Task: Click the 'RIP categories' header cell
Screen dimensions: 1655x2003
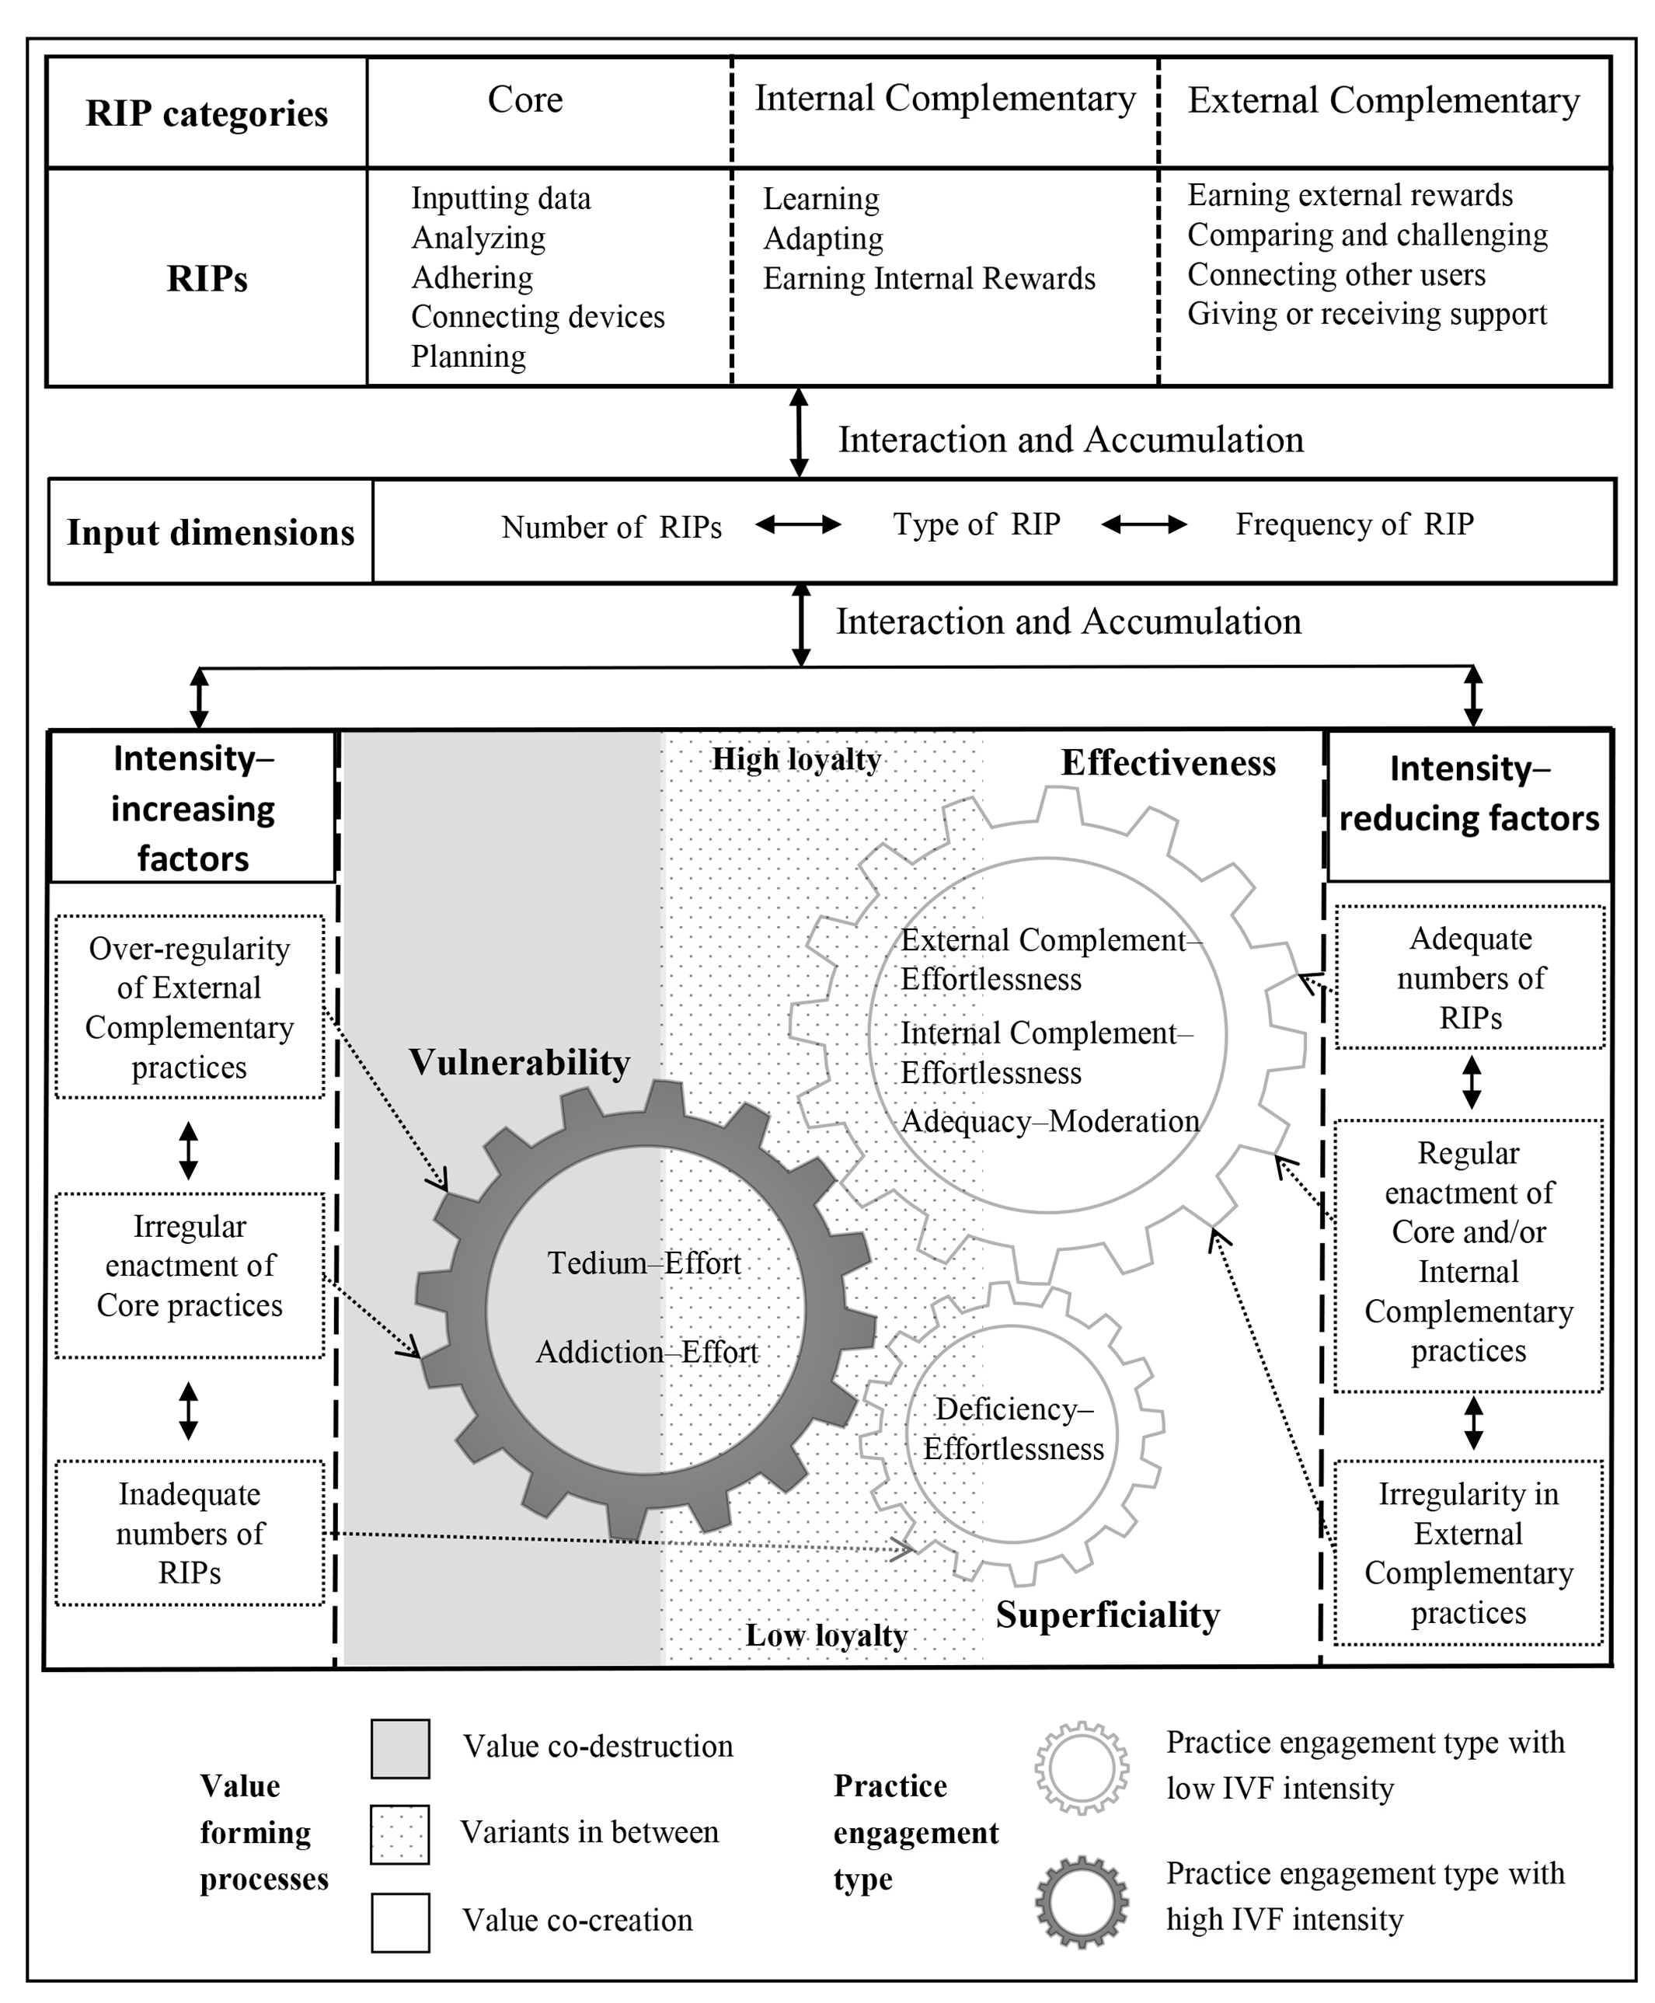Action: pos(207,113)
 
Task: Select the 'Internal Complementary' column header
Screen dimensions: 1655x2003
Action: pos(945,99)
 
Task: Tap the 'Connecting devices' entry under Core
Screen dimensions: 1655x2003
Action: pos(538,316)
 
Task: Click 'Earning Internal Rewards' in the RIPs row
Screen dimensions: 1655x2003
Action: pos(929,278)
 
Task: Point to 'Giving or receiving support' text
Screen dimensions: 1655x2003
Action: pos(1367,314)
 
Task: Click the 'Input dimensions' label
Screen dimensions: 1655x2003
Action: pos(211,532)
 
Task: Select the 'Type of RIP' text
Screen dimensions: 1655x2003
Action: pos(976,524)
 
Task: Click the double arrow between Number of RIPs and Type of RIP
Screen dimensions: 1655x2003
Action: pos(799,524)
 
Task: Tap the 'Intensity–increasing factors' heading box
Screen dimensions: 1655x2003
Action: pos(193,806)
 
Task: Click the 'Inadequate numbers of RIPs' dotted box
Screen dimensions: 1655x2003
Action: pos(190,1533)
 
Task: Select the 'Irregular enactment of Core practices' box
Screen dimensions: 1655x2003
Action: pos(190,1275)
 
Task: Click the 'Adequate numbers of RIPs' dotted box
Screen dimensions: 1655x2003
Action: pos(1470,977)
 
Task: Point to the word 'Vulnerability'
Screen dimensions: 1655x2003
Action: pos(520,1062)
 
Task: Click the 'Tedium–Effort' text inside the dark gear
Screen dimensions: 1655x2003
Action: pos(644,1263)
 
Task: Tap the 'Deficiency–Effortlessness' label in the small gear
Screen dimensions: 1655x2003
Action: pos(1013,1428)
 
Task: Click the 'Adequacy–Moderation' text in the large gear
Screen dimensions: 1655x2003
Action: pos(1050,1121)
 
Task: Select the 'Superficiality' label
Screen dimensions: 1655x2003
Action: pos(1108,1615)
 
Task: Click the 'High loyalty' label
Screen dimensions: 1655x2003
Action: pos(797,759)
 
